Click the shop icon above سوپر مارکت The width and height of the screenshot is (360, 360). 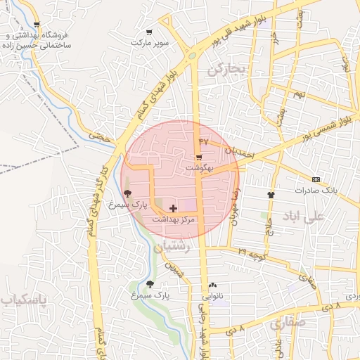click(149, 32)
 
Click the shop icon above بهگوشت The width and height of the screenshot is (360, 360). click(200, 157)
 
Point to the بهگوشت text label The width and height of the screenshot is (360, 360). click(198, 169)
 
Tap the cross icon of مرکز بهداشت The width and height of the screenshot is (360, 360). click(174, 209)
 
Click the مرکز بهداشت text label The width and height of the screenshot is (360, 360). click(176, 220)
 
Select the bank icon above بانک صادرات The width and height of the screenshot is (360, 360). click(316, 179)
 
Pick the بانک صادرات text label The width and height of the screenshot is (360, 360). click(316, 191)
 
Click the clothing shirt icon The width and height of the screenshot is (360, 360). click(271, 194)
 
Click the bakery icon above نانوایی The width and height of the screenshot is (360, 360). click(213, 285)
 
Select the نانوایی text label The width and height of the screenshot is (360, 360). click(213, 296)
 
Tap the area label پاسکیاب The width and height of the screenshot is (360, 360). click(23, 300)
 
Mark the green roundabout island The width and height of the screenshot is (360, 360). click(192, 56)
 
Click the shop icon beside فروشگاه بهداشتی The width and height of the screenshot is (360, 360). click(37, 25)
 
